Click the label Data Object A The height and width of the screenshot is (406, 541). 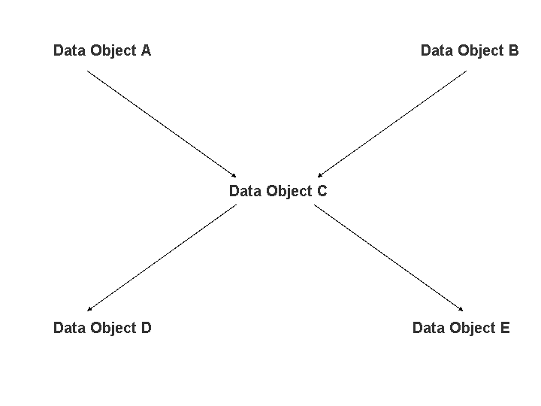tap(102, 51)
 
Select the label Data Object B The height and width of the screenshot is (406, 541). tap(470, 51)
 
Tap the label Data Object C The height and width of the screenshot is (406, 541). tap(278, 191)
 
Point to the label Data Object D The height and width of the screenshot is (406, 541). tap(102, 328)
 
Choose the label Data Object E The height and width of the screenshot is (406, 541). tap(461, 328)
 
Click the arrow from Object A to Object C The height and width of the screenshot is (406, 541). tap(162, 124)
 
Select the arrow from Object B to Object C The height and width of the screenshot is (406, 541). tap(392, 124)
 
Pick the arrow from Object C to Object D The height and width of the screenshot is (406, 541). tap(162, 258)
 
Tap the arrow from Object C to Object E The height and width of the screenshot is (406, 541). tap(388, 258)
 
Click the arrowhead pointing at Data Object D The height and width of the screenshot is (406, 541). tap(89, 309)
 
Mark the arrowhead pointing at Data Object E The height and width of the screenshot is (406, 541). tap(461, 309)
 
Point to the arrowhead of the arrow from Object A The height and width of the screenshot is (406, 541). tap(234, 175)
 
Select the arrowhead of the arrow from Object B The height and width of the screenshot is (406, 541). tap(320, 175)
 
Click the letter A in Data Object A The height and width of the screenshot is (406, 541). tap(146, 50)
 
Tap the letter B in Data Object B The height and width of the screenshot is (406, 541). tap(514, 50)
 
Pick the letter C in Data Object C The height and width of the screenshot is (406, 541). tap(322, 191)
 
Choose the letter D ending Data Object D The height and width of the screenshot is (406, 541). tap(147, 328)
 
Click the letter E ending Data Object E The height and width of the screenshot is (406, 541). tap(505, 328)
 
